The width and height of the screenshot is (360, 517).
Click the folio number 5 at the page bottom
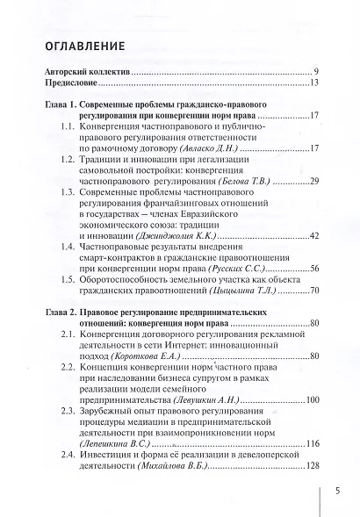337,492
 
